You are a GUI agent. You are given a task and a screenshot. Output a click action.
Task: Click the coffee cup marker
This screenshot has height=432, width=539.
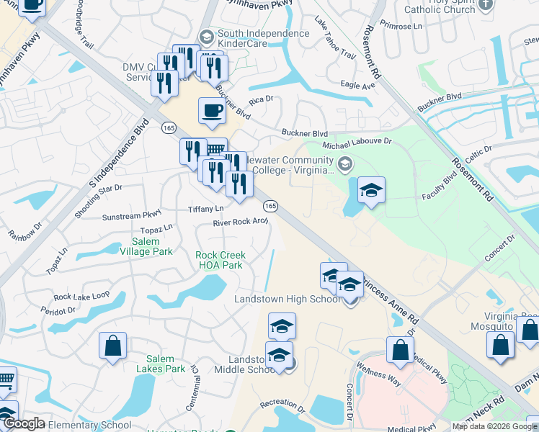pyautogui.click(x=211, y=112)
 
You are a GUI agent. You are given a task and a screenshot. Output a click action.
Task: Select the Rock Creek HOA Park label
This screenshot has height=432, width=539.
pyautogui.click(x=220, y=260)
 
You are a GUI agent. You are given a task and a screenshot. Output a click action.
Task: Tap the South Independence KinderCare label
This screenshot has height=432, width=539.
pyautogui.click(x=243, y=38)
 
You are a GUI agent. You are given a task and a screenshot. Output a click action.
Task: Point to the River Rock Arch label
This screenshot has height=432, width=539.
pyautogui.click(x=240, y=222)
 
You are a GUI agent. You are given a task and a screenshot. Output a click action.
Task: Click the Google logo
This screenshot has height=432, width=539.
pyautogui.click(x=23, y=424)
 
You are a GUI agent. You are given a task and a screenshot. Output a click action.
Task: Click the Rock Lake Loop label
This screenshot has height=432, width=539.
pyautogui.click(x=81, y=296)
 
